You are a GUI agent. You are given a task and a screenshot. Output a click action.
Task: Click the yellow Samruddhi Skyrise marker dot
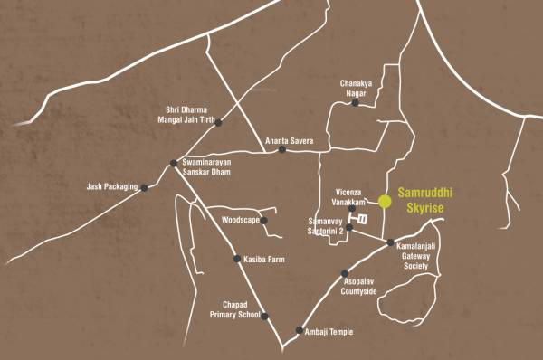[385, 201]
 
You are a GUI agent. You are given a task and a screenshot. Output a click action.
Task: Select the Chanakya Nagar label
[357, 88]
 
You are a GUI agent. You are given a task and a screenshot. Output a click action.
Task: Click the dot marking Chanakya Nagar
[356, 103]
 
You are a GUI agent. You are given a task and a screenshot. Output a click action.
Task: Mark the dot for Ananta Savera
[282, 150]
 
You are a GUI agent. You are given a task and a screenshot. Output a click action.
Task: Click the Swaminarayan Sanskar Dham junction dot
[174, 163]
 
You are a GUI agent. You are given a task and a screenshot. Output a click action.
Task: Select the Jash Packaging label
[110, 187]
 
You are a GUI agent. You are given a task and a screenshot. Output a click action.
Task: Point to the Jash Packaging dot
[145, 187]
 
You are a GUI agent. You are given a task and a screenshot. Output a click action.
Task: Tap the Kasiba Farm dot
[237, 260]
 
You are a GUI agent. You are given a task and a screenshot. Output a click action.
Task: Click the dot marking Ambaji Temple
[300, 330]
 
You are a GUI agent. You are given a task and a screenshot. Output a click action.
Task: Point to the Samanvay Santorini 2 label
[327, 227]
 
